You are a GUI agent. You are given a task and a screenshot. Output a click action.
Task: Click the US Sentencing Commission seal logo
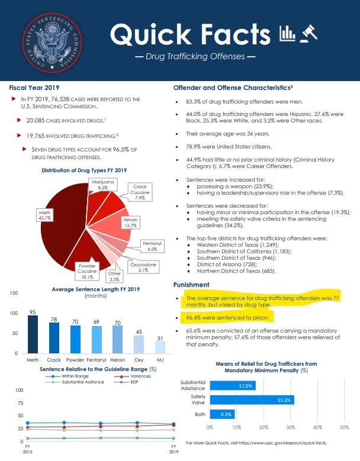click(50, 39)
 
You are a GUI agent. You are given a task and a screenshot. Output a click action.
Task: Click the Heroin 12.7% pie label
click(130, 223)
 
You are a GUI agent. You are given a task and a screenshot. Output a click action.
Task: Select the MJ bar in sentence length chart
click(160, 346)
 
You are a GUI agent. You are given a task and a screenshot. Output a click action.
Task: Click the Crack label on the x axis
click(54, 359)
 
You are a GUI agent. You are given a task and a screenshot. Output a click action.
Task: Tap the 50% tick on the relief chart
click(344, 426)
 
